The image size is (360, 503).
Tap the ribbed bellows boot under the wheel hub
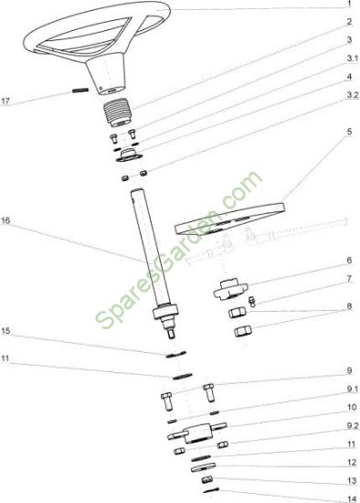(x=118, y=113)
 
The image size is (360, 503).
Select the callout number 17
(x=5, y=102)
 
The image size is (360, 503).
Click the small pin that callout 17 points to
(x=80, y=91)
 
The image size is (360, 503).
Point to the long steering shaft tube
(x=152, y=251)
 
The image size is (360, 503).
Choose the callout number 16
(x=5, y=220)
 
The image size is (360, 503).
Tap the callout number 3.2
(x=353, y=96)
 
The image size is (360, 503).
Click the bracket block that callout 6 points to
(x=230, y=289)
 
